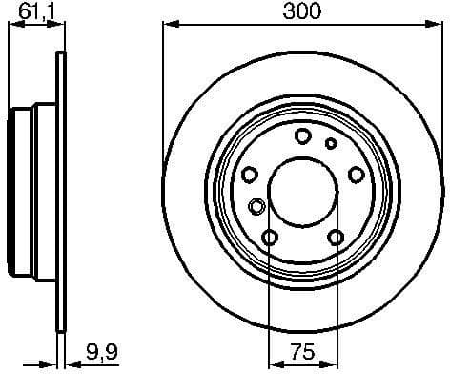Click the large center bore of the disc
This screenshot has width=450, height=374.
[302, 188]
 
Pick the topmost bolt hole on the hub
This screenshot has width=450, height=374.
[302, 136]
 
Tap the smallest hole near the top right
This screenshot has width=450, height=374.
[331, 144]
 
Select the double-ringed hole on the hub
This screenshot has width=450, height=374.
[256, 206]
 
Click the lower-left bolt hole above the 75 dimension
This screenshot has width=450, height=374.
[270, 237]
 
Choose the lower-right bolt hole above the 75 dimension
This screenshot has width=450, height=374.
[335, 237]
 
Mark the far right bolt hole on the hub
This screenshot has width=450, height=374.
[356, 175]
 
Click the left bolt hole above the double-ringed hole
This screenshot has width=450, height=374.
[249, 175]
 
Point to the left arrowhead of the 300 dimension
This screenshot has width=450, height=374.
[166, 25]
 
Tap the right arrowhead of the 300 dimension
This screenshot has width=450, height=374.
[440, 25]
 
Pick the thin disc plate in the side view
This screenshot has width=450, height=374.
[62, 187]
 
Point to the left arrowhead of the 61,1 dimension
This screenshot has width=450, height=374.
[11, 25]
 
